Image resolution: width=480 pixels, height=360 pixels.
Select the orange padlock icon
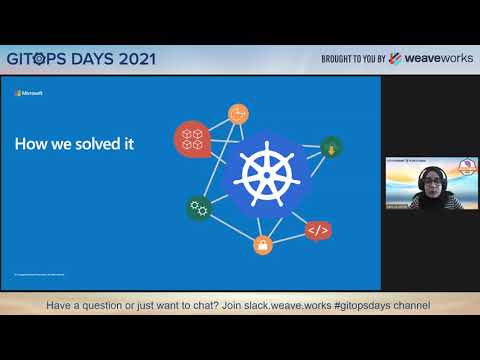tap(263, 244)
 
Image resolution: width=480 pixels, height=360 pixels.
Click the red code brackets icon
tap(317, 231)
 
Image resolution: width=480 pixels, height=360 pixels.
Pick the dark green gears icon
tap(198, 208)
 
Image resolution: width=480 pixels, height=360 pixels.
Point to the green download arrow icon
tap(331, 148)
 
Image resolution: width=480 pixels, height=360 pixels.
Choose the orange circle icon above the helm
tap(238, 113)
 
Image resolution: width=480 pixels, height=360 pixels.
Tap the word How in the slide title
tap(27, 144)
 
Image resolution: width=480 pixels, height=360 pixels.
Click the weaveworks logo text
tap(435, 58)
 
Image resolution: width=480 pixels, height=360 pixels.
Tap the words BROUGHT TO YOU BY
tap(352, 58)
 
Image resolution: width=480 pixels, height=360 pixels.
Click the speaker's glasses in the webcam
tap(430, 181)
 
